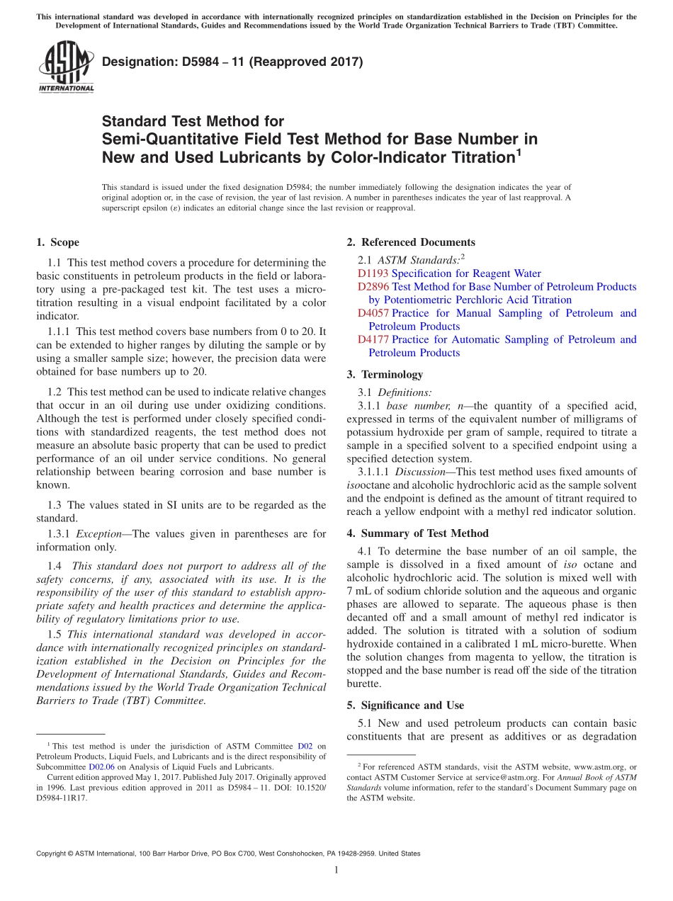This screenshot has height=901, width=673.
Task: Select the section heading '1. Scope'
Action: pyautogui.click(x=57, y=242)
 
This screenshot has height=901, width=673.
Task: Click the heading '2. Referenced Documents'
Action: pyautogui.click(x=411, y=242)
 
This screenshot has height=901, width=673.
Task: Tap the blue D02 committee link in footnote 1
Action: pyautogui.click(x=305, y=746)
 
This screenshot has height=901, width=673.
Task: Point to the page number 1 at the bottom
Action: pyautogui.click(x=336, y=871)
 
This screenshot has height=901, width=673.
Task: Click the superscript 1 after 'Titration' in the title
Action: pyautogui.click(x=519, y=151)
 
